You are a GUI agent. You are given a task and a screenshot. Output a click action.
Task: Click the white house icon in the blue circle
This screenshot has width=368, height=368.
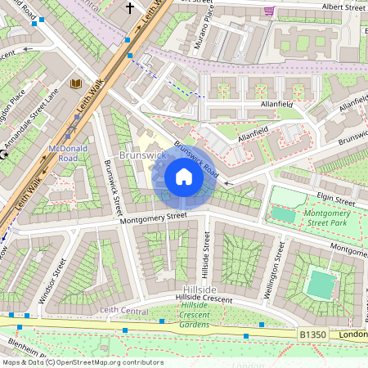coord(184,177)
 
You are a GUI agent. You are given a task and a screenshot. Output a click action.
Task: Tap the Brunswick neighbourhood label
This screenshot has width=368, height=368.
coord(142,154)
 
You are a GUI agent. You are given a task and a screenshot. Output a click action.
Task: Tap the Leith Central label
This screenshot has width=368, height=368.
coord(123,310)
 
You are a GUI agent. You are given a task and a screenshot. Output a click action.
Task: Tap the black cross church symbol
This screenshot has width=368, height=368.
coord(129,8)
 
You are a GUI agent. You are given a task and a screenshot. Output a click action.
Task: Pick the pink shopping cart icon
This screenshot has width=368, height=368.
coord(270,10)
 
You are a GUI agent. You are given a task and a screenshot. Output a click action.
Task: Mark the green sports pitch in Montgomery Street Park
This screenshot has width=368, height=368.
coord(283,214)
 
